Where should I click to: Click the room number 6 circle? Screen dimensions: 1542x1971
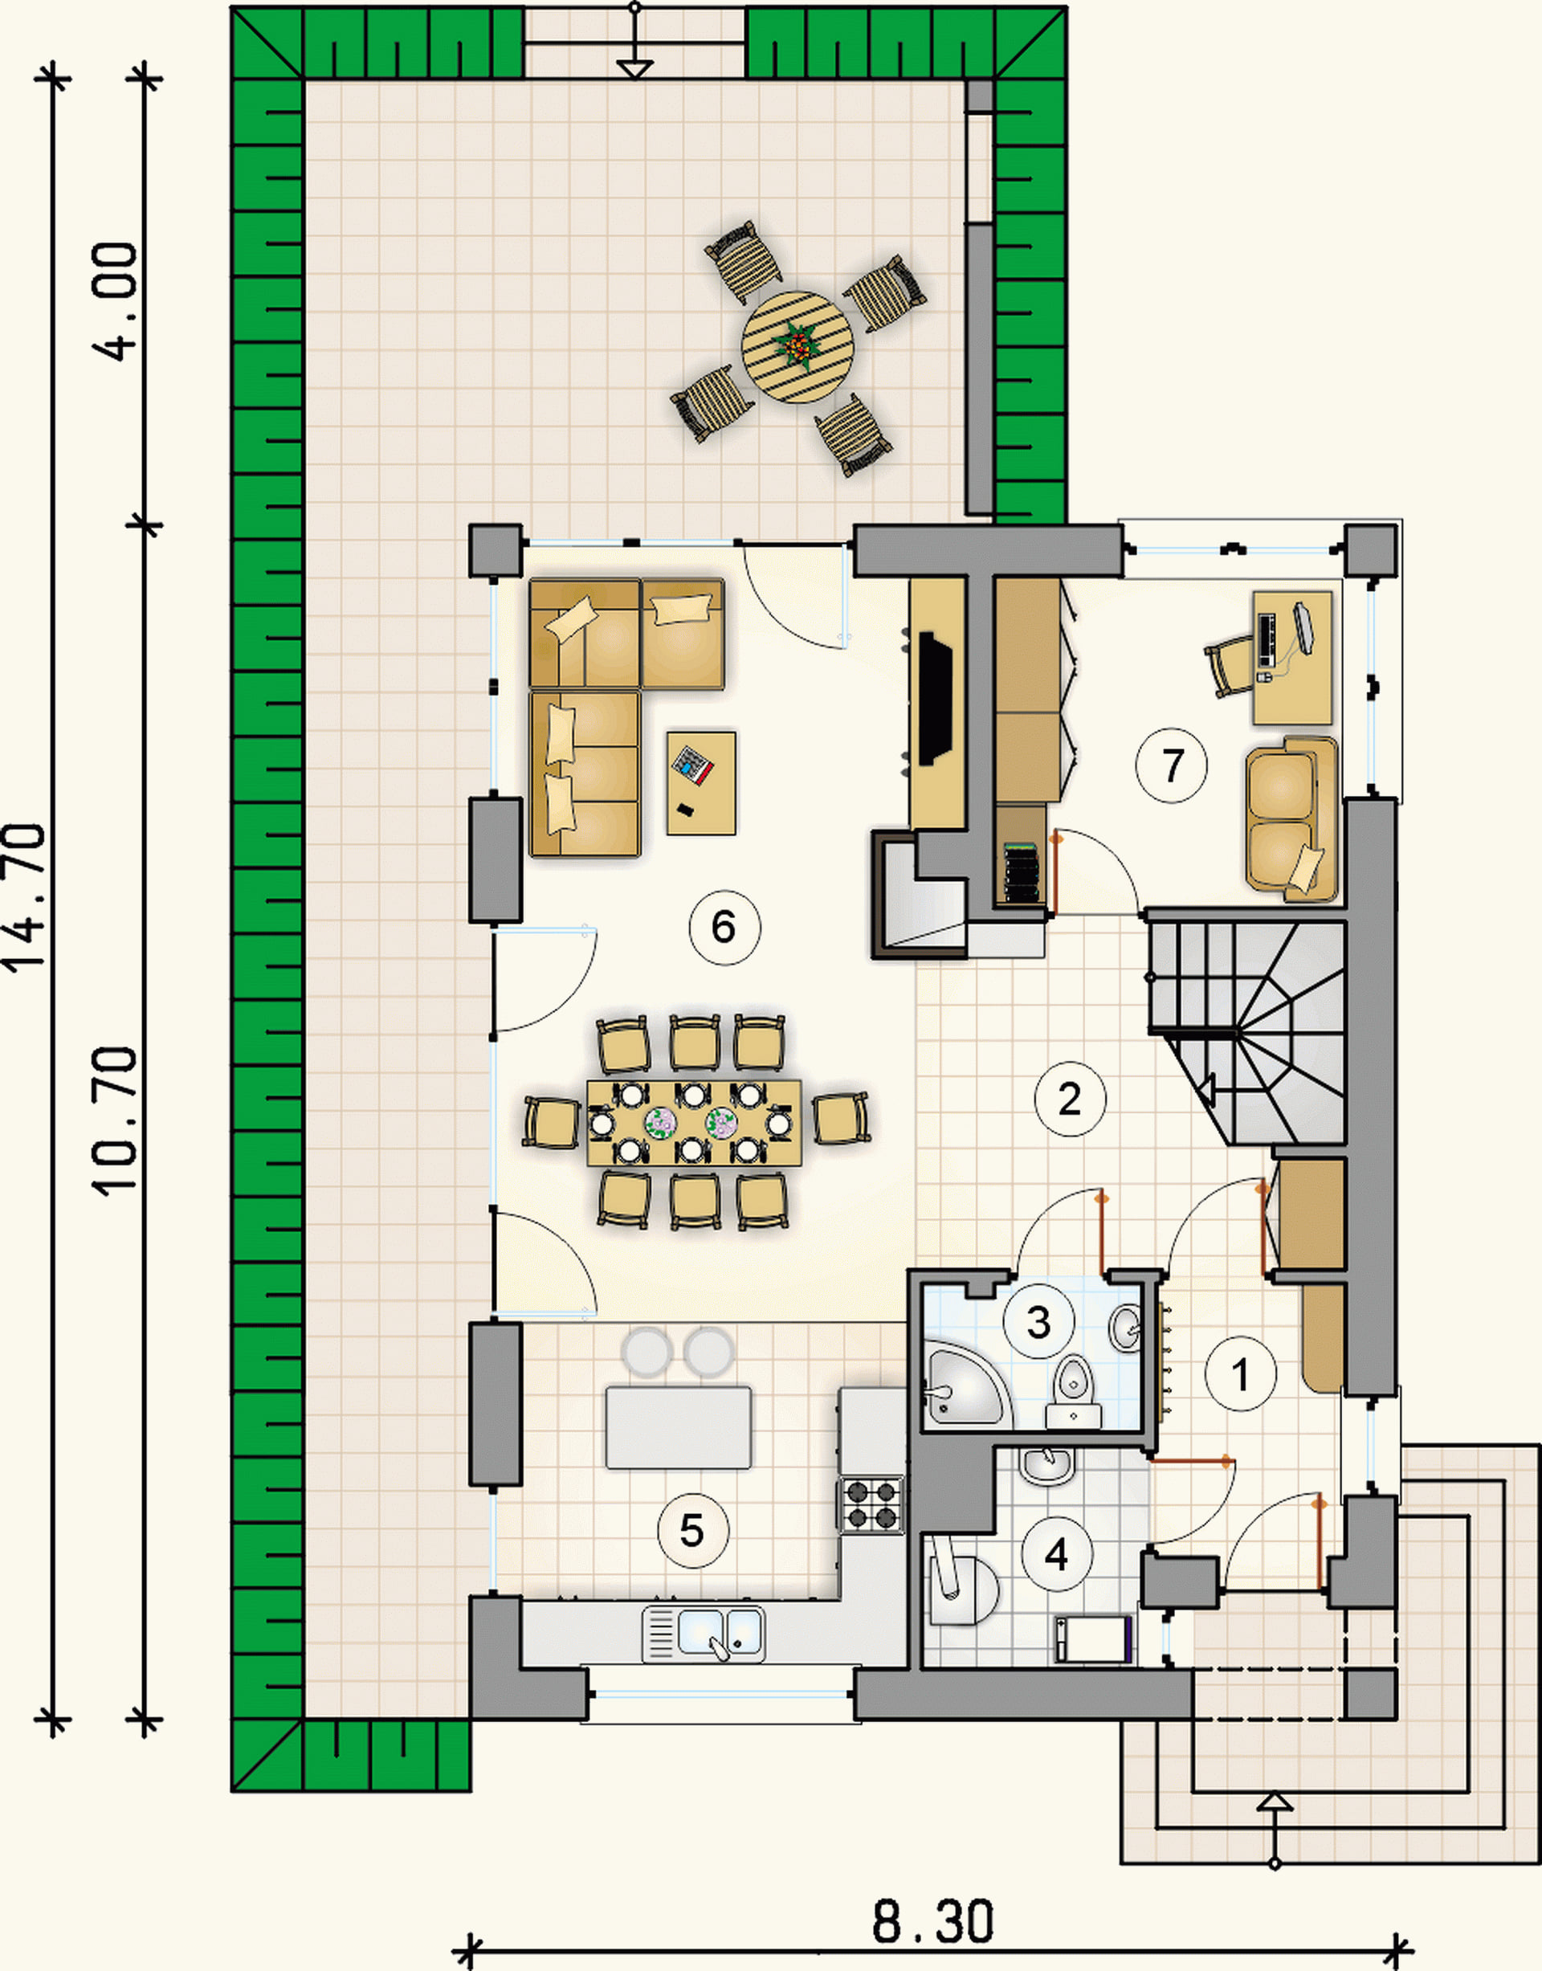724,927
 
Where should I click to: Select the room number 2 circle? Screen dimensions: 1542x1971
1070,1099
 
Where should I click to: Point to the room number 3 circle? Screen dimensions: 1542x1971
1039,1323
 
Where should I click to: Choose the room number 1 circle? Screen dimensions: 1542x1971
1241,1373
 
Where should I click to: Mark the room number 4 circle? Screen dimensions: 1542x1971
1056,1554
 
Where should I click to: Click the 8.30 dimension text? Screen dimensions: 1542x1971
932,1921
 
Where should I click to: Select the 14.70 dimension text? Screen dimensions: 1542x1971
24,897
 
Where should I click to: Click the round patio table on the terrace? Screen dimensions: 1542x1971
798,347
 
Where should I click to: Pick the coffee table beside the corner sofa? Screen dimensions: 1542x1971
701,783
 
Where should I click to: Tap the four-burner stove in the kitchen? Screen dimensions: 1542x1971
871,1504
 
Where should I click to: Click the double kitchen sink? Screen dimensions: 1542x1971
704,1634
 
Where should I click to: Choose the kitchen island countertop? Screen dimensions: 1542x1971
678,1427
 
